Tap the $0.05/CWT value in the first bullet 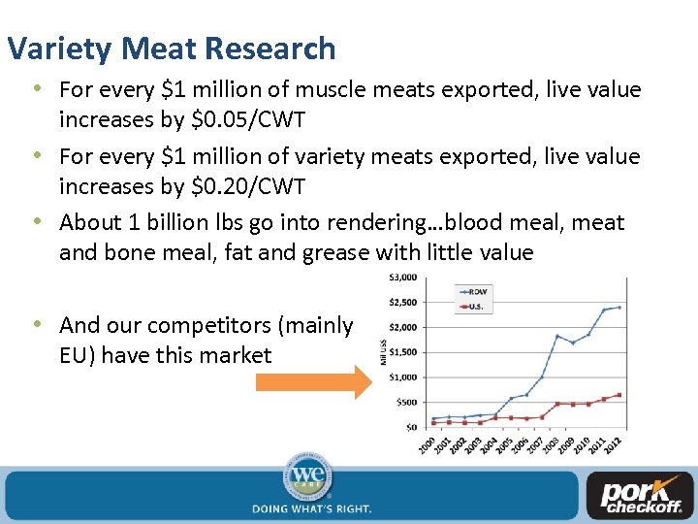(263, 120)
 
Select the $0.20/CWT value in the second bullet (263, 186)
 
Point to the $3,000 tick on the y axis (402, 277)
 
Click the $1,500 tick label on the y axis (402, 351)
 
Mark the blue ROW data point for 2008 (556, 336)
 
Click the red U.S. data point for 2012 (619, 395)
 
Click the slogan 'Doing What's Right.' (310, 508)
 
